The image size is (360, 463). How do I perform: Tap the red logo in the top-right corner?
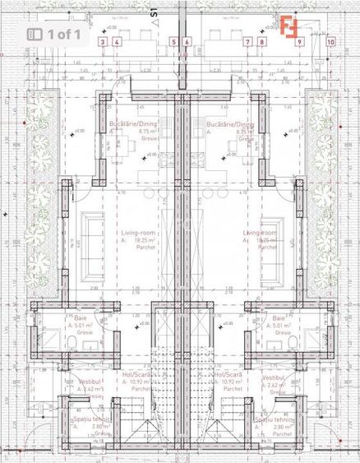[288, 25]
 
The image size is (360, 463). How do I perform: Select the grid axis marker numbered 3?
[102, 41]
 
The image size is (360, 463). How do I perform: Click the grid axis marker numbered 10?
[330, 41]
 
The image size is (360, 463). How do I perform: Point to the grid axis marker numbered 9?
[300, 41]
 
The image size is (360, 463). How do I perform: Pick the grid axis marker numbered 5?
[173, 41]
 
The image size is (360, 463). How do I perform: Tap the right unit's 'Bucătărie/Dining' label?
[230, 123]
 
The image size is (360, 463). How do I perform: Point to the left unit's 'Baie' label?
[80, 317]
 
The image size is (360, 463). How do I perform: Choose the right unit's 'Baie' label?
[279, 317]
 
